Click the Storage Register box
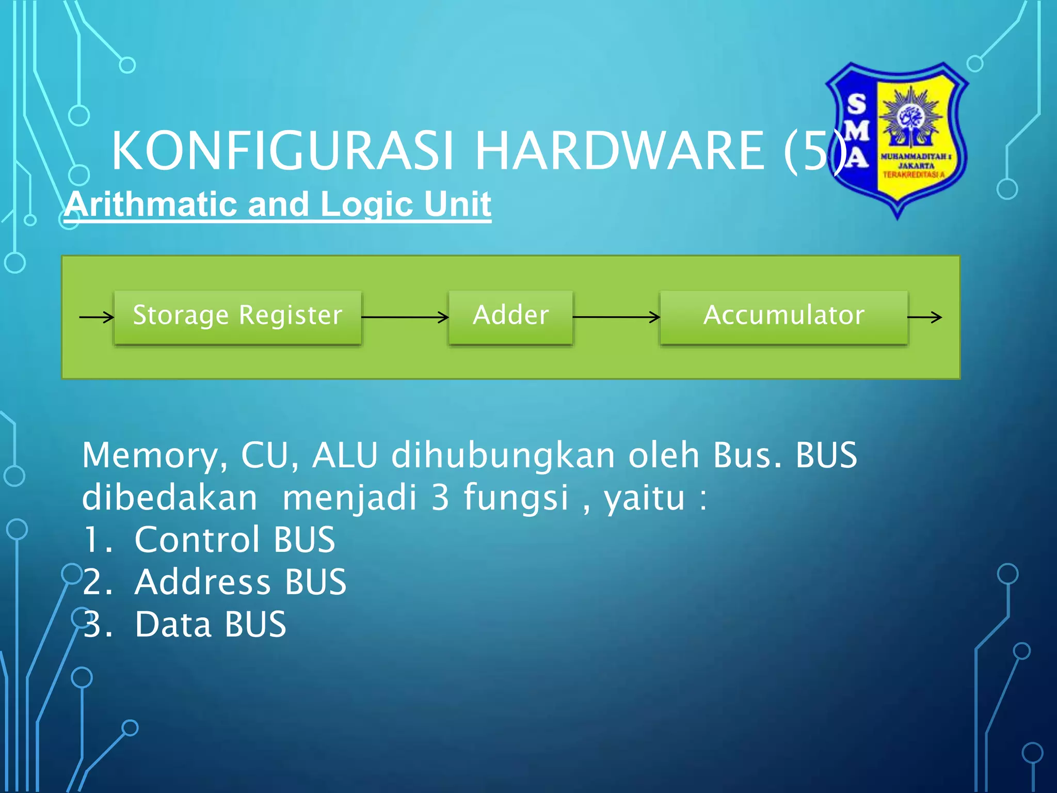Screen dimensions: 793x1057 point(237,316)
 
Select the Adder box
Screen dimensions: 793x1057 point(510,316)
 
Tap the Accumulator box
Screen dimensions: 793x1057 point(783,316)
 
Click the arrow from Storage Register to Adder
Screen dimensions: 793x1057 point(405,317)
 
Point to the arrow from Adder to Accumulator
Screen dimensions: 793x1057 point(616,317)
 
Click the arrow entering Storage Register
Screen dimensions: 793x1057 point(97,317)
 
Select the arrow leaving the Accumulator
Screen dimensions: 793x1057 point(925,317)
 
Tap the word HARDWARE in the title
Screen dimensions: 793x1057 point(619,151)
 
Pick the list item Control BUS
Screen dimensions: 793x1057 point(235,540)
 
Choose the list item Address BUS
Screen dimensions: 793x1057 point(241,582)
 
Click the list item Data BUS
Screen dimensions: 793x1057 point(211,625)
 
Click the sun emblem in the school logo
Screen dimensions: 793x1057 point(911,117)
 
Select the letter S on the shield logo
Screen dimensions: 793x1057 point(857,105)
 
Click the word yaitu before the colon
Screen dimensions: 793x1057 point(644,499)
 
